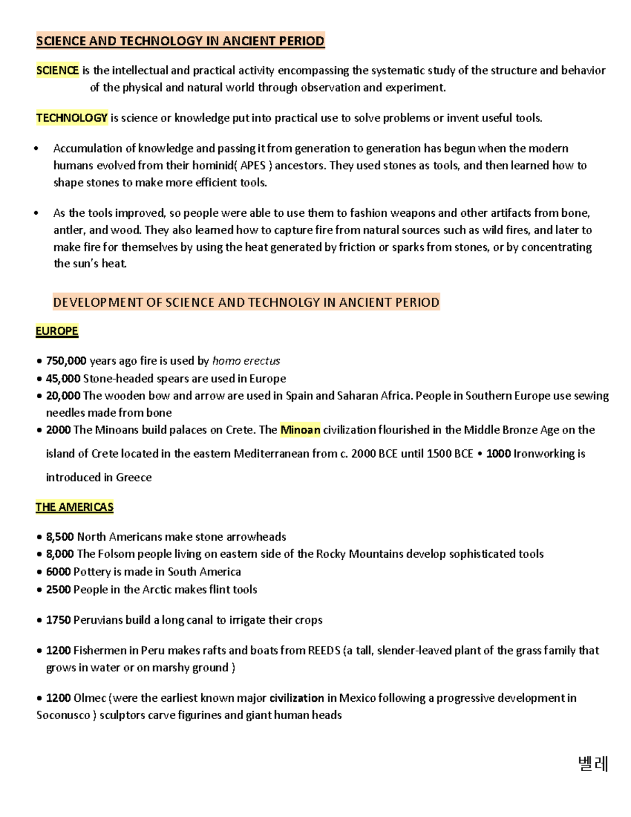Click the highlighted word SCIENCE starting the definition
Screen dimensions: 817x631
[x=57, y=70]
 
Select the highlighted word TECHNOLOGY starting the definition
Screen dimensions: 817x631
[x=72, y=118]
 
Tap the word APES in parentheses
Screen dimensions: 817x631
[x=253, y=166]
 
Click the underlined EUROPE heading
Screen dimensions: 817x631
[x=57, y=331]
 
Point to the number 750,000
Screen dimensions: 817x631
[x=66, y=361]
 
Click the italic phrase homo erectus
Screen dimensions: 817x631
[x=246, y=361]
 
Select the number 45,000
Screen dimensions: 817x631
[x=63, y=379]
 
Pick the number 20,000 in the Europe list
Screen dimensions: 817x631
[x=63, y=396]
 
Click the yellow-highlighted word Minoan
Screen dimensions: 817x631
[x=300, y=430]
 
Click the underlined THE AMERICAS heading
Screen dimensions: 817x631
[x=74, y=507]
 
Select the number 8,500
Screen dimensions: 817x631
[x=60, y=537]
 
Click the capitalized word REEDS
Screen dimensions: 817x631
[x=324, y=651]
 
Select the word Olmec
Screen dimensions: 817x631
[x=89, y=698]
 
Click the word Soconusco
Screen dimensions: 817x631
[x=63, y=715]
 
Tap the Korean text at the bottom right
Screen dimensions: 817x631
[x=593, y=763]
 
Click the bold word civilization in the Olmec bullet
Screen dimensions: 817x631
[x=297, y=698]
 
